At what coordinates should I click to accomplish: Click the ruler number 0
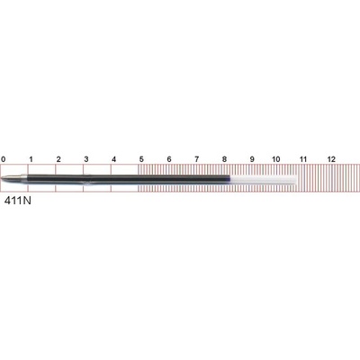pos(3,159)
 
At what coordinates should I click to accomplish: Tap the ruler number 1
pos(31,159)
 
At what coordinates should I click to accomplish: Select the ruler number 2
pos(58,159)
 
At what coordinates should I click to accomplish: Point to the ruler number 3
pos(86,159)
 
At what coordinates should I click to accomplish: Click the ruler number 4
pos(113,159)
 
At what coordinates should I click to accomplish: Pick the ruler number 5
pos(141,159)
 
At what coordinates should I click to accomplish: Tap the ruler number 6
pos(169,159)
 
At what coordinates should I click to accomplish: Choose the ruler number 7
pos(196,159)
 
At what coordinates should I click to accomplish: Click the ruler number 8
pos(224,159)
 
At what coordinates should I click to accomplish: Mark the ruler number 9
pos(252,159)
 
